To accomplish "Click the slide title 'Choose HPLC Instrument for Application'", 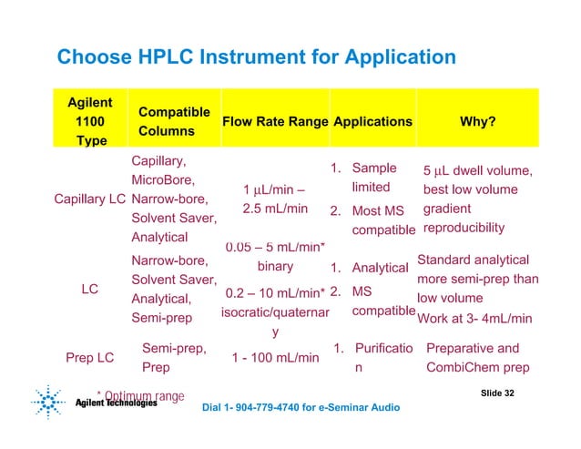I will point(256,58).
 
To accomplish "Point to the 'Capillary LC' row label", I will point(89,199).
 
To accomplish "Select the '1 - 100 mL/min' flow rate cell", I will point(274,357).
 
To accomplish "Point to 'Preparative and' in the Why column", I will point(473,347).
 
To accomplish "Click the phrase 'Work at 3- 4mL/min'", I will point(474,318).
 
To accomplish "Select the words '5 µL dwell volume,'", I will point(478,170).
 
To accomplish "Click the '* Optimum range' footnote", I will point(139,395).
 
